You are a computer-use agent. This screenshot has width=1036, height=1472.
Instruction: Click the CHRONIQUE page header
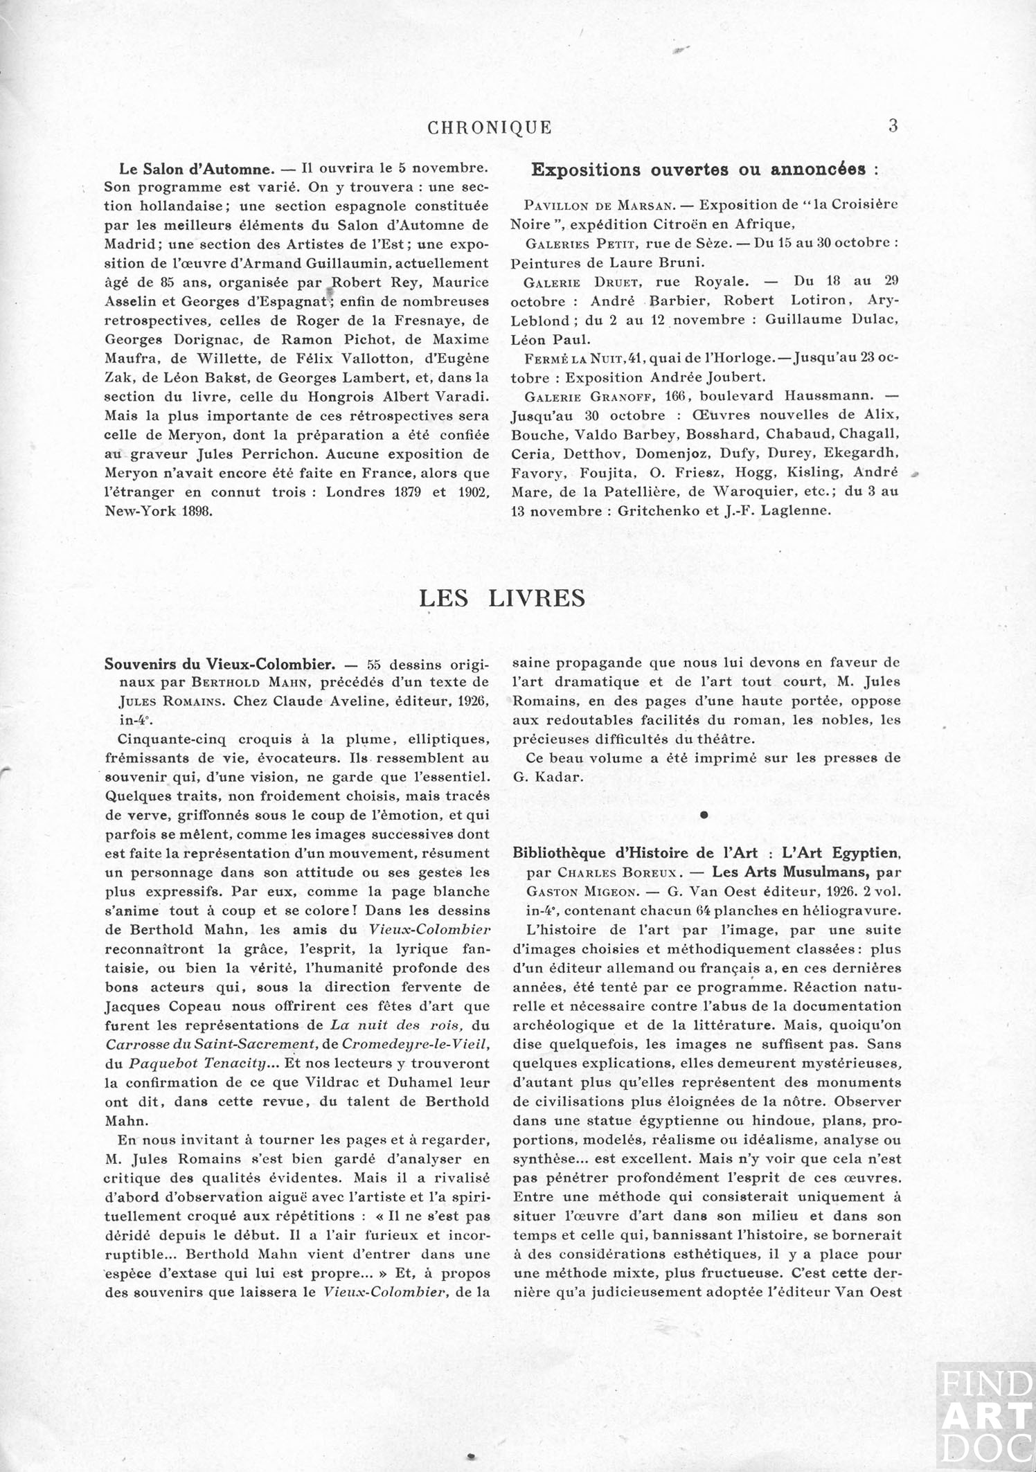(490, 128)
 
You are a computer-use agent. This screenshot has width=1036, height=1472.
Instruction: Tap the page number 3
(893, 126)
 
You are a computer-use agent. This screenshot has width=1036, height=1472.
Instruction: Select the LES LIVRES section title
(502, 598)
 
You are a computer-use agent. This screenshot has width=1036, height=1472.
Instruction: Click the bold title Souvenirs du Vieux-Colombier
(220, 664)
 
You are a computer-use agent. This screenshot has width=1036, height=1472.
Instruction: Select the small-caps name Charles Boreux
(616, 872)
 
